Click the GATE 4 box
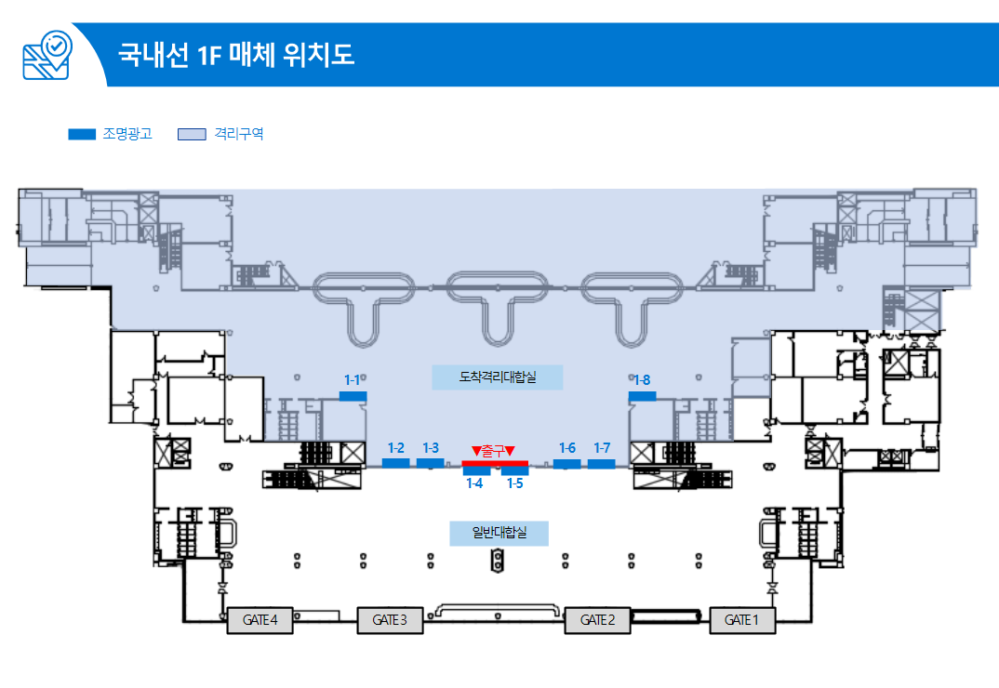(260, 620)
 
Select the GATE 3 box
(390, 620)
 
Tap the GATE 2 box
(597, 620)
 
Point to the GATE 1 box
(742, 620)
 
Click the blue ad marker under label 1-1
(353, 396)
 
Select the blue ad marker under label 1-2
(396, 463)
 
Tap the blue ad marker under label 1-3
(430, 463)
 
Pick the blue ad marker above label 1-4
(476, 471)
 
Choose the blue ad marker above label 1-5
(514, 471)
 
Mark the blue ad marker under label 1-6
(567, 463)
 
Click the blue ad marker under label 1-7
(602, 463)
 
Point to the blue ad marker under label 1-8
(642, 396)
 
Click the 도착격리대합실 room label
(498, 377)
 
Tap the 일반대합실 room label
(499, 534)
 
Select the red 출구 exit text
(494, 451)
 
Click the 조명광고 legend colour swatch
(82, 134)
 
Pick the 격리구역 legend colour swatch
(192, 134)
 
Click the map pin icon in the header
(47, 55)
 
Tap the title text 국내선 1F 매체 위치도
(236, 54)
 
